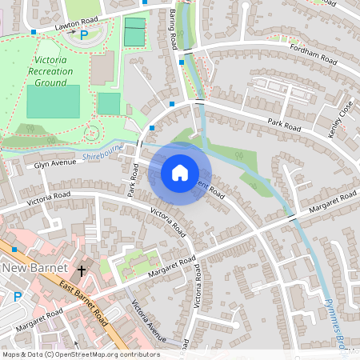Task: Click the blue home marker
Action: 180,173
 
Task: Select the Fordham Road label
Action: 312,55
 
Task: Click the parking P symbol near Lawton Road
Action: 83,36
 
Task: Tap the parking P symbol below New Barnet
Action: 18,297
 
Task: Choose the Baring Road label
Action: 173,30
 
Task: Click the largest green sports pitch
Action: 53,102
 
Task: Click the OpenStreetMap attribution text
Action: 80,354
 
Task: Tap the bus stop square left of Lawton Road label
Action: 34,33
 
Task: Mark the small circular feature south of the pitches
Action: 92,132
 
